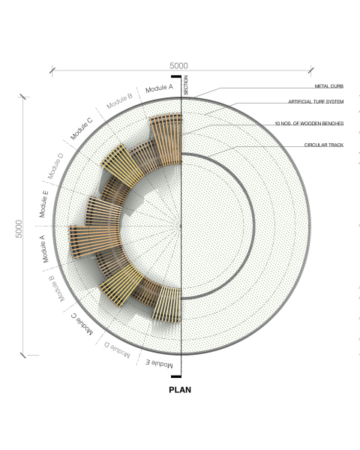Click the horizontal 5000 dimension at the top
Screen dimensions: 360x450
tap(178, 66)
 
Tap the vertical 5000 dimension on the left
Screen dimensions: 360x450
tap(19, 229)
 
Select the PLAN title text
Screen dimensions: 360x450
tap(180, 390)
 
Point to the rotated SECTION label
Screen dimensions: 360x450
tap(186, 85)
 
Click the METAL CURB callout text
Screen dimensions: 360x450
tap(329, 86)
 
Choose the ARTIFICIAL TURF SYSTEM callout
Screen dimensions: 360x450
tap(316, 101)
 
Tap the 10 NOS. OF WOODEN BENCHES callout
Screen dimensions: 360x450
tap(309, 124)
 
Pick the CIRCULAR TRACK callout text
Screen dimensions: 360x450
tap(324, 145)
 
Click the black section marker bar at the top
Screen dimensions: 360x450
tap(176, 76)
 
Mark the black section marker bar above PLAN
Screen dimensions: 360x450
tap(176, 376)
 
